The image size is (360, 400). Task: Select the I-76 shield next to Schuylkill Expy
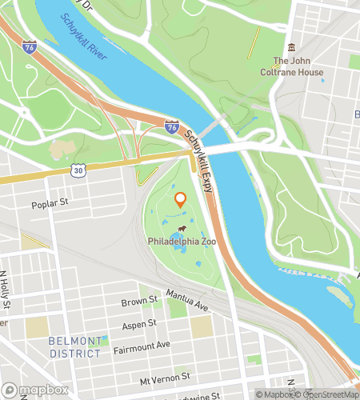171,126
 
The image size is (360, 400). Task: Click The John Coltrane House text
298,66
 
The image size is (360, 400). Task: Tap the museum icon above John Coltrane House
291,48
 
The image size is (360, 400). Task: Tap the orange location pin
180,200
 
